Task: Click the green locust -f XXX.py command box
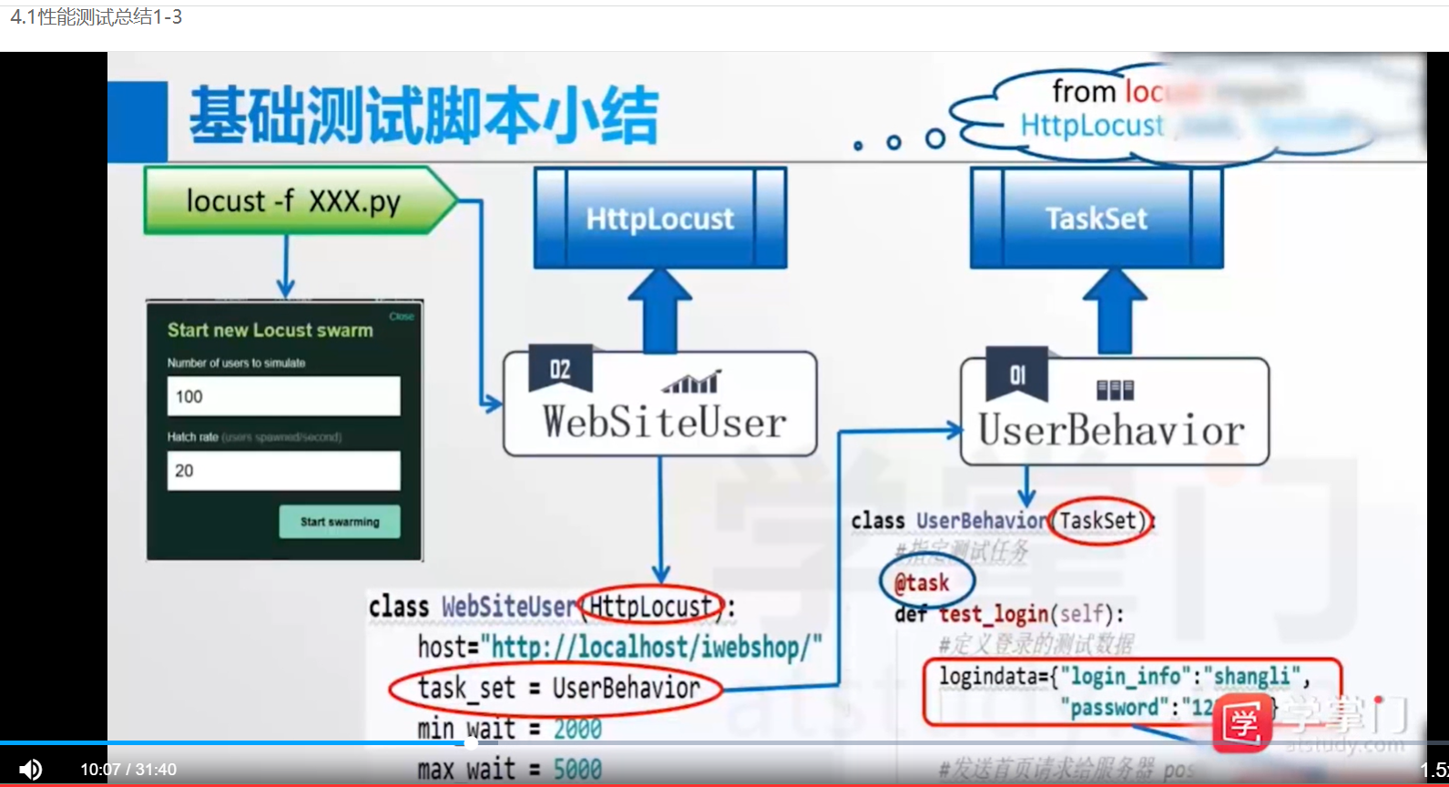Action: [293, 200]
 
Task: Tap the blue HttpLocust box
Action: [659, 218]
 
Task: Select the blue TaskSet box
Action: [1096, 218]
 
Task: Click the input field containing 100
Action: [283, 396]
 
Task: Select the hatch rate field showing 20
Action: [283, 471]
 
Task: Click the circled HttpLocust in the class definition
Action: [650, 606]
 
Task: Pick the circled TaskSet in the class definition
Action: [1099, 520]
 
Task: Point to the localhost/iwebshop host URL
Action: [656, 648]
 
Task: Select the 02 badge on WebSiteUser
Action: [560, 369]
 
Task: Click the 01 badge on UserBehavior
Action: [1017, 374]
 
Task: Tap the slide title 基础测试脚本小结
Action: [423, 116]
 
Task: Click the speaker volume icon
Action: [30, 770]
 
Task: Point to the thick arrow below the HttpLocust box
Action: [659, 311]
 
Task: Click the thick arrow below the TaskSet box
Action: [1114, 311]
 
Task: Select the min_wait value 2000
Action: [577, 729]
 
